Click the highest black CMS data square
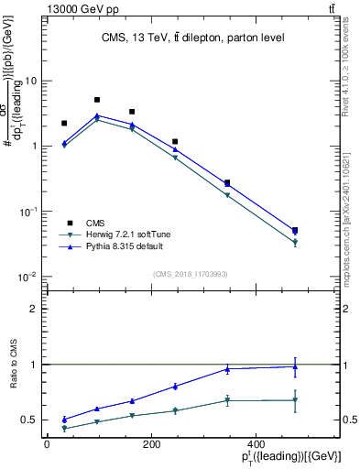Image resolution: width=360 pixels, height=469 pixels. pyautogui.click(x=97, y=100)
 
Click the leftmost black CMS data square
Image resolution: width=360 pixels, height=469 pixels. pyautogui.click(x=64, y=123)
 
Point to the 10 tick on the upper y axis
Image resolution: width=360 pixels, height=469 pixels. pyautogui.click(x=34, y=81)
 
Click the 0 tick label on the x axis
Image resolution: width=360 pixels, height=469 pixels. pyautogui.click(x=47, y=444)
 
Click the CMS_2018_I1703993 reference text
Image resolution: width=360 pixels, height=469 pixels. pyautogui.click(x=191, y=274)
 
